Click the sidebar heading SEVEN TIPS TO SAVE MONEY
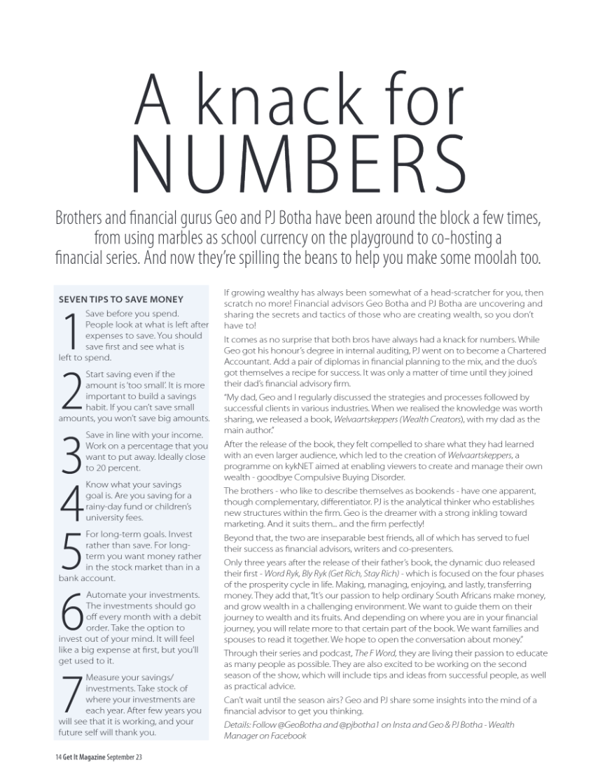click(121, 300)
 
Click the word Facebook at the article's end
click(288, 736)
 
